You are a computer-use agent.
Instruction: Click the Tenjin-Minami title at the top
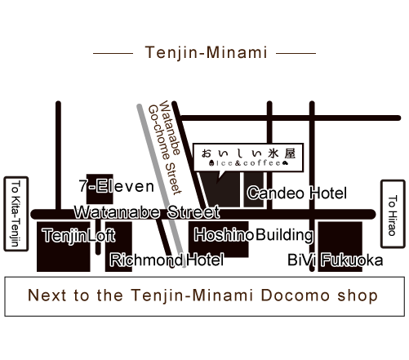click(x=206, y=52)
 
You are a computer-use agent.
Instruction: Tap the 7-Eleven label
click(x=117, y=186)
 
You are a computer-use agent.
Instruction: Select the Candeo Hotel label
click(x=297, y=193)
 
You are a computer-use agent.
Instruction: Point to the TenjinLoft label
click(x=78, y=235)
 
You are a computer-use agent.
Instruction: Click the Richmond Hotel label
click(x=167, y=260)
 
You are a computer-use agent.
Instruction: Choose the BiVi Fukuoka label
click(x=336, y=260)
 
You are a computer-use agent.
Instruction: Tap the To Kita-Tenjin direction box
click(x=16, y=214)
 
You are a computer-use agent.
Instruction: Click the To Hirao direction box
click(x=393, y=214)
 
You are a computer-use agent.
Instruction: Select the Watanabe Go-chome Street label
click(x=165, y=148)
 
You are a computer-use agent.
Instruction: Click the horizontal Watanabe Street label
click(x=147, y=212)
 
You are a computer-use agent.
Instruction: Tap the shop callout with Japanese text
click(x=248, y=158)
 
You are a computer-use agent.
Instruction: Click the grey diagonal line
click(x=162, y=185)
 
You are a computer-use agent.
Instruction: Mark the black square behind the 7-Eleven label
click(x=100, y=189)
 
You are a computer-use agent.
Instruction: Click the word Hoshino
click(x=224, y=235)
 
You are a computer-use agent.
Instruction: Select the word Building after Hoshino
click(x=285, y=235)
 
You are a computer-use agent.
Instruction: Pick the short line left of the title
click(x=113, y=53)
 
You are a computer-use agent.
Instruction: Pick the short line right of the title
click(x=296, y=53)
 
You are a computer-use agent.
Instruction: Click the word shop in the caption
click(x=358, y=296)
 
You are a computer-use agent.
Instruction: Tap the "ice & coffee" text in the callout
click(x=248, y=163)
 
